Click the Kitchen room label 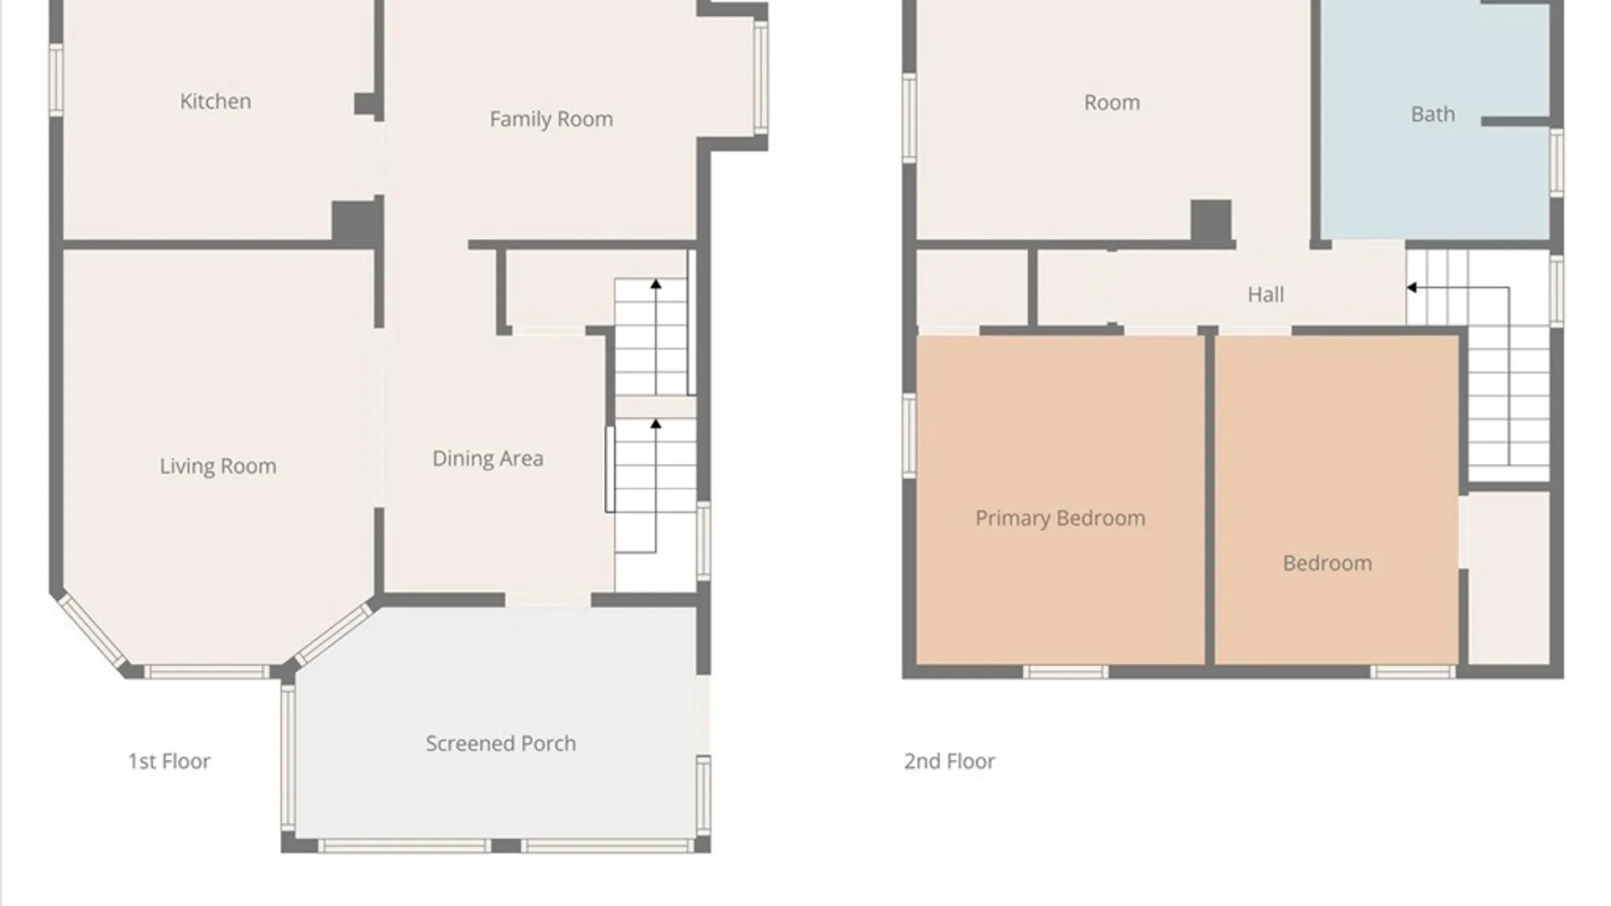click(x=216, y=102)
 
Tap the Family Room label click(x=551, y=119)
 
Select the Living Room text click(x=218, y=466)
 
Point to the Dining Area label click(x=487, y=459)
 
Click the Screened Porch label click(x=501, y=743)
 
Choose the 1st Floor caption click(x=169, y=761)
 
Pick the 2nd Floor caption click(x=949, y=761)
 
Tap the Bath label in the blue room click(x=1433, y=114)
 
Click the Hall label click(x=1265, y=294)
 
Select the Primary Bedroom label click(x=1060, y=518)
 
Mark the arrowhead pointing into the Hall click(x=1412, y=288)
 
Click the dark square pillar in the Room click(x=1212, y=221)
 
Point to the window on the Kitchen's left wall click(x=56, y=80)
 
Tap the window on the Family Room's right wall click(x=761, y=77)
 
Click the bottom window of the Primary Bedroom click(x=1066, y=671)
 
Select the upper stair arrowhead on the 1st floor click(x=656, y=284)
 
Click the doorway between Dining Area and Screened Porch click(x=548, y=600)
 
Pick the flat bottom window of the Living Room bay click(x=206, y=671)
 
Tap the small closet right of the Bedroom click(x=1509, y=578)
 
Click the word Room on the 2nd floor click(x=1112, y=103)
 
